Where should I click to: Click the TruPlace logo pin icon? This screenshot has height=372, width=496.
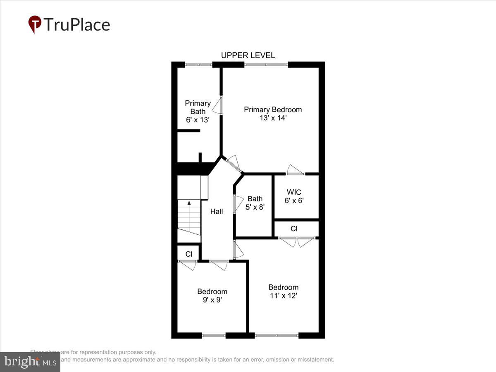click(x=35, y=24)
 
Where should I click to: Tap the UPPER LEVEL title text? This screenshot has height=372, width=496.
click(x=248, y=55)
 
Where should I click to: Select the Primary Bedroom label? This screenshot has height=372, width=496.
click(x=273, y=110)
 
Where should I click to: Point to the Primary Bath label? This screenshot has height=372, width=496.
click(x=198, y=107)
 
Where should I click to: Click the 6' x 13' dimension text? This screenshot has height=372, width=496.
click(x=198, y=120)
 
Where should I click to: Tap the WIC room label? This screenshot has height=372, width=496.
click(x=294, y=192)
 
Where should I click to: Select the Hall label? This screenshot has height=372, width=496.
click(x=217, y=211)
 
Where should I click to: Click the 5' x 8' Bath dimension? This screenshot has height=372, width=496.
click(x=255, y=207)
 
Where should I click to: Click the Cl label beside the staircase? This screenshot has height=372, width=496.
click(x=188, y=254)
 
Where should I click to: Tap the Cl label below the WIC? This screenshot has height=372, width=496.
click(x=294, y=229)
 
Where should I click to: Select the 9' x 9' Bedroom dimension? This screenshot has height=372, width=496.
click(x=212, y=300)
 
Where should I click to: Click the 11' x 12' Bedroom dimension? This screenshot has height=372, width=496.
click(x=283, y=296)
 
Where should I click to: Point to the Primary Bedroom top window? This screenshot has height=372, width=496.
click(x=266, y=64)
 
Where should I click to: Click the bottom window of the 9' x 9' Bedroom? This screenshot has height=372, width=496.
click(x=214, y=335)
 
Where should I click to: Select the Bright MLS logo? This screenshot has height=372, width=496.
click(x=30, y=362)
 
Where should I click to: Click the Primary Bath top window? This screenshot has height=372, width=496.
click(x=198, y=64)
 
